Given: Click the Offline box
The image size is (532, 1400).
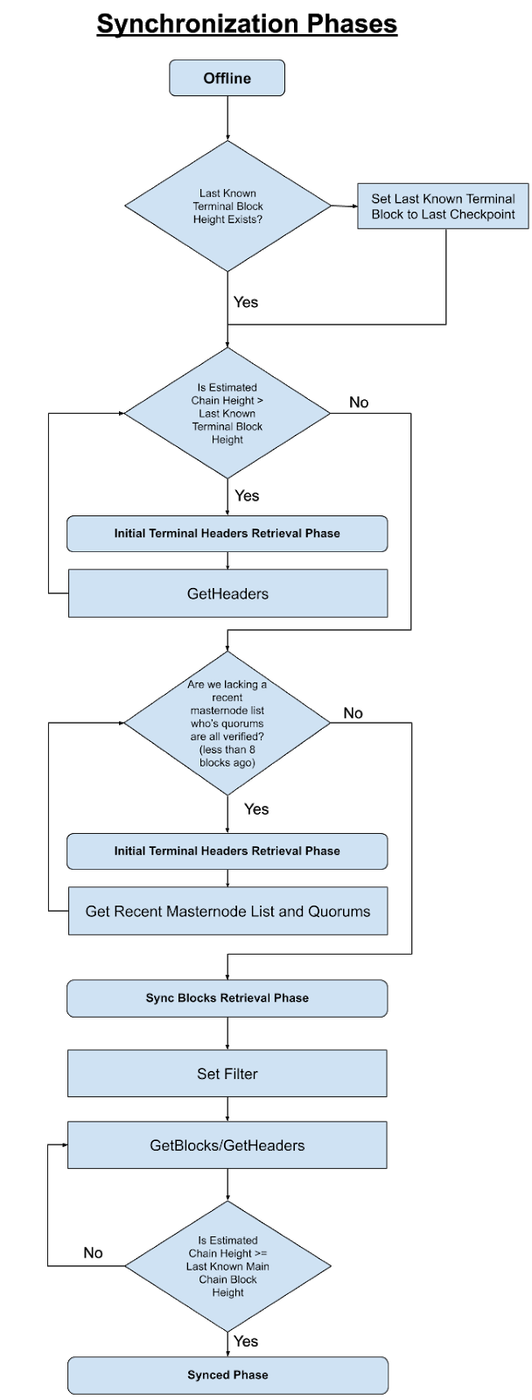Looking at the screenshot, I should click(x=227, y=78).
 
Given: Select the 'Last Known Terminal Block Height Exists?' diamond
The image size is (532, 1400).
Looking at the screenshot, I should click(x=227, y=206).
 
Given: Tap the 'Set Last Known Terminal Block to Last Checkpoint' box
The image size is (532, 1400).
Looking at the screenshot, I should click(x=443, y=206).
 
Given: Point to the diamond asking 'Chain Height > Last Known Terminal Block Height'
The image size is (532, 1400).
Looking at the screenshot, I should click(x=227, y=413).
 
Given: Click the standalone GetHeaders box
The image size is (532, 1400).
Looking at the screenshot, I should click(x=227, y=593).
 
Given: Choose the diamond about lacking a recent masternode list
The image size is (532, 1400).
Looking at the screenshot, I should click(x=227, y=724).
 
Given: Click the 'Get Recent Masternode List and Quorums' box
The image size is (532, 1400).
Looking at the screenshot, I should click(x=227, y=911).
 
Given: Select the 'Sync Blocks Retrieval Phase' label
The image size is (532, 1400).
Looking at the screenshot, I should click(x=227, y=997).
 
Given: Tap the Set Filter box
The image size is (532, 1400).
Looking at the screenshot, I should click(x=227, y=1074).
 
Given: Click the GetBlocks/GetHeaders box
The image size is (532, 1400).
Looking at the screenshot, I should click(x=227, y=1145).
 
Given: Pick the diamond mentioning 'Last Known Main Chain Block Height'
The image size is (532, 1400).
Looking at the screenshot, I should click(x=227, y=1266).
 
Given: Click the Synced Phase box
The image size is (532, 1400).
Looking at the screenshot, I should click(x=227, y=1375).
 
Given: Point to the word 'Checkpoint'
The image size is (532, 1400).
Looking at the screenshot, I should click(x=482, y=214).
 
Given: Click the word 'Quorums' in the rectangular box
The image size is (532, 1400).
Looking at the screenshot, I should click(x=339, y=911).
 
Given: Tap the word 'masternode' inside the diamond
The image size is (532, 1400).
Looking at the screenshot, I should click(x=227, y=710).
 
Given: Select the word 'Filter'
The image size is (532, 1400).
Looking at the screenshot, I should click(x=239, y=1074).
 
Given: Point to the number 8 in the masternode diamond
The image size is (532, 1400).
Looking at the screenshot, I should click(x=252, y=750).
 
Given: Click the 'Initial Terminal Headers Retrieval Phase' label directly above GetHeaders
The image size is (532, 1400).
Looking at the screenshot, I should click(x=227, y=533).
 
